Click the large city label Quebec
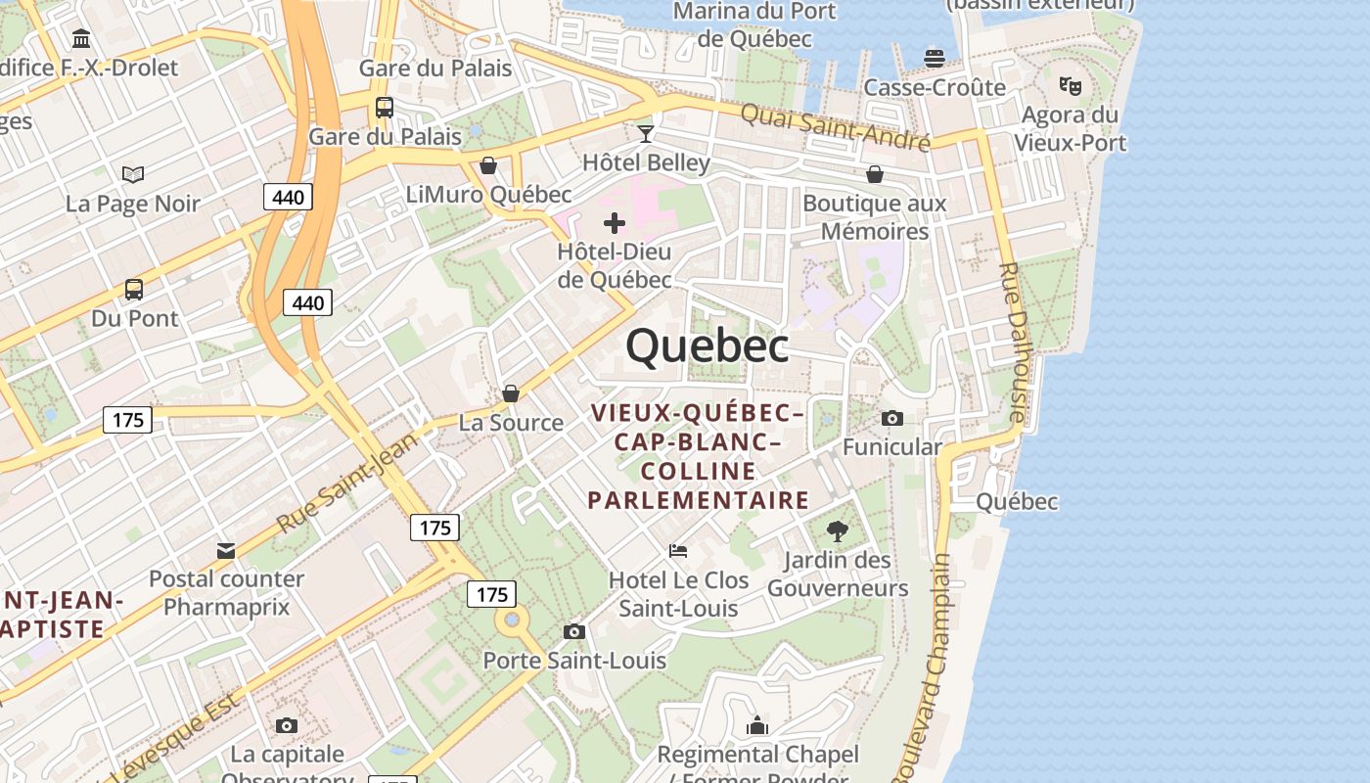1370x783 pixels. tap(707, 345)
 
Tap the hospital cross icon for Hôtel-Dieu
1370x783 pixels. tap(615, 223)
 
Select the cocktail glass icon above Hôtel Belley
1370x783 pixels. tap(645, 133)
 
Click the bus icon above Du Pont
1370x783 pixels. tap(134, 290)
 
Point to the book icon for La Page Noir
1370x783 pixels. tap(133, 174)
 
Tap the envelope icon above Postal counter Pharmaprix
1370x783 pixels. tap(226, 550)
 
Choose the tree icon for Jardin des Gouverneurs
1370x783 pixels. tap(837, 531)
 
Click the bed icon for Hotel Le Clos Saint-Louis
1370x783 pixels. tap(678, 551)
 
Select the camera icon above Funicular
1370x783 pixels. tap(891, 419)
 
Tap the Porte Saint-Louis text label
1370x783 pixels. tap(574, 661)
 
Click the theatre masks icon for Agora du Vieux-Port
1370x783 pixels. tap(1070, 86)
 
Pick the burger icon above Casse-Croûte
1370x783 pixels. tap(935, 58)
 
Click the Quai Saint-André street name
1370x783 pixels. tap(834, 127)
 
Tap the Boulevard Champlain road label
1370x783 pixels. tap(934, 666)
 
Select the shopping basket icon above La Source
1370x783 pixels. tap(511, 393)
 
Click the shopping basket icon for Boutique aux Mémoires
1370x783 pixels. tap(874, 174)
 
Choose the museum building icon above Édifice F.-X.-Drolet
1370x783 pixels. tap(82, 39)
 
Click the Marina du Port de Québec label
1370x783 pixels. tap(755, 24)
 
